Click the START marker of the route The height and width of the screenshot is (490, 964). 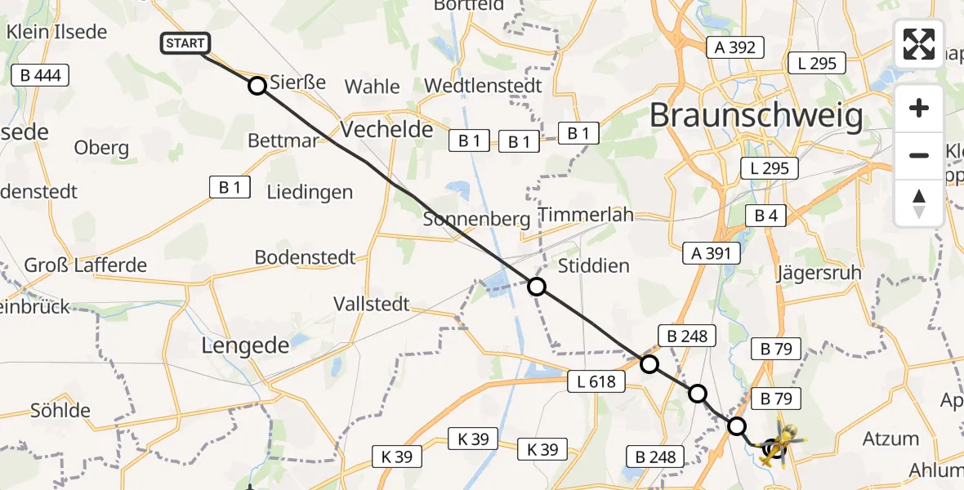[186, 43]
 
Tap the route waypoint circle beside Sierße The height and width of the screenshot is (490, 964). [257, 85]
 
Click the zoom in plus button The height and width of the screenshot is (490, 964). [919, 109]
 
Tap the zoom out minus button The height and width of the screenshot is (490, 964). [919, 155]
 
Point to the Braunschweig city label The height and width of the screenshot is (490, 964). [756, 117]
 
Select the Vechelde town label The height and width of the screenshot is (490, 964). [386, 129]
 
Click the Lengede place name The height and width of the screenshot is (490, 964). [245, 345]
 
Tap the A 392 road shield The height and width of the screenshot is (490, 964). [735, 47]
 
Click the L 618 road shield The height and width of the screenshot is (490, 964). [597, 380]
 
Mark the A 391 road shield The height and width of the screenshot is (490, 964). [711, 253]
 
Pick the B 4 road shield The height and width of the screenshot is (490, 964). [765, 216]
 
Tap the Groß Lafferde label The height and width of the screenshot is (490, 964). [85, 265]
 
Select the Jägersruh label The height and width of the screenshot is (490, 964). [819, 272]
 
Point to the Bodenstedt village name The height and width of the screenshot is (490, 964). [305, 257]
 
